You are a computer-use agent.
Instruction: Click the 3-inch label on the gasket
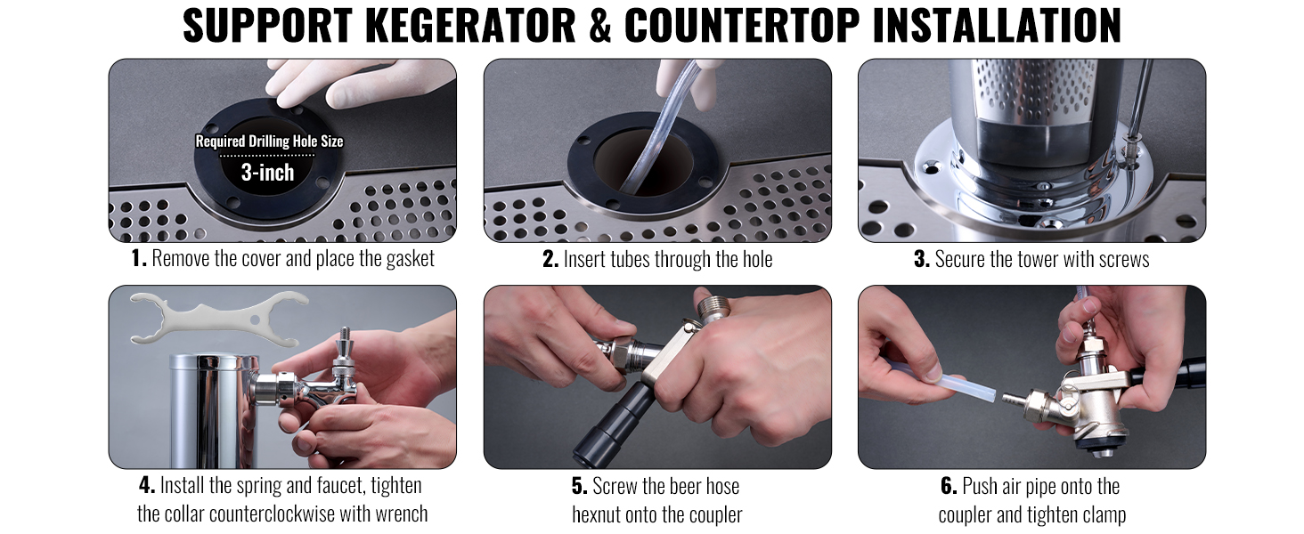tap(268, 173)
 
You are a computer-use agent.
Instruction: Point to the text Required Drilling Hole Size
tap(269, 142)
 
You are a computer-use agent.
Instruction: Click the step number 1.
tap(139, 259)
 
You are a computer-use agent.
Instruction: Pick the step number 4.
tap(147, 485)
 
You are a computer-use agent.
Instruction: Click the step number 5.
tap(579, 486)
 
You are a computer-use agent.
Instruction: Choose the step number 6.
tap(949, 486)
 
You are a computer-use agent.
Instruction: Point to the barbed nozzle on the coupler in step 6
tap(1014, 400)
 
